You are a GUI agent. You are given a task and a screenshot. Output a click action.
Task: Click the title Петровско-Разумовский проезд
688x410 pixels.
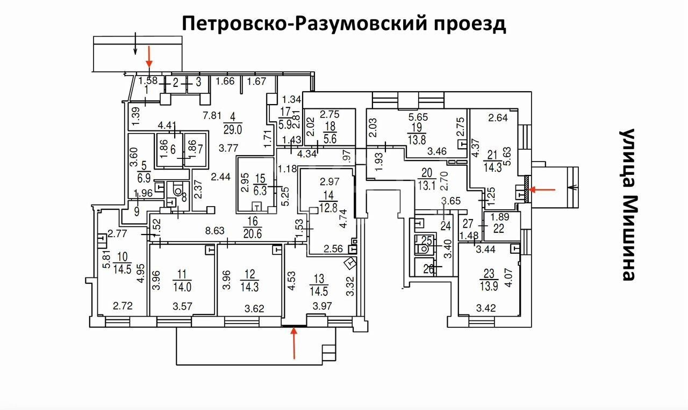click(x=344, y=24)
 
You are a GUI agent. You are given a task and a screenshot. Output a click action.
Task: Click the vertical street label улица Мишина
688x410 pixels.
click(x=627, y=204)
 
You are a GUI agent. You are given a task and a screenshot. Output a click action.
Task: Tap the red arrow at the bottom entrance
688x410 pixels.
click(x=293, y=343)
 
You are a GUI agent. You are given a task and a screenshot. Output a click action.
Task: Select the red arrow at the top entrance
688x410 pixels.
click(x=150, y=57)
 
